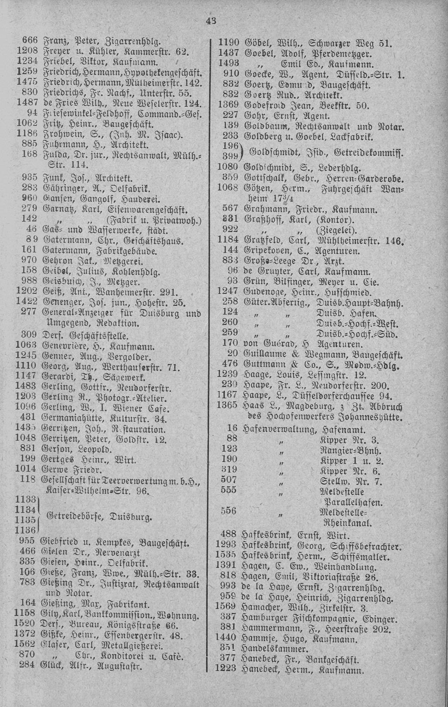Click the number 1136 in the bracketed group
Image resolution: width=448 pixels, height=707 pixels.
26,530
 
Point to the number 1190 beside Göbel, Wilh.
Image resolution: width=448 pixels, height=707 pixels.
228,43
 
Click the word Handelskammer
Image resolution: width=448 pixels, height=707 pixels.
274,650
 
